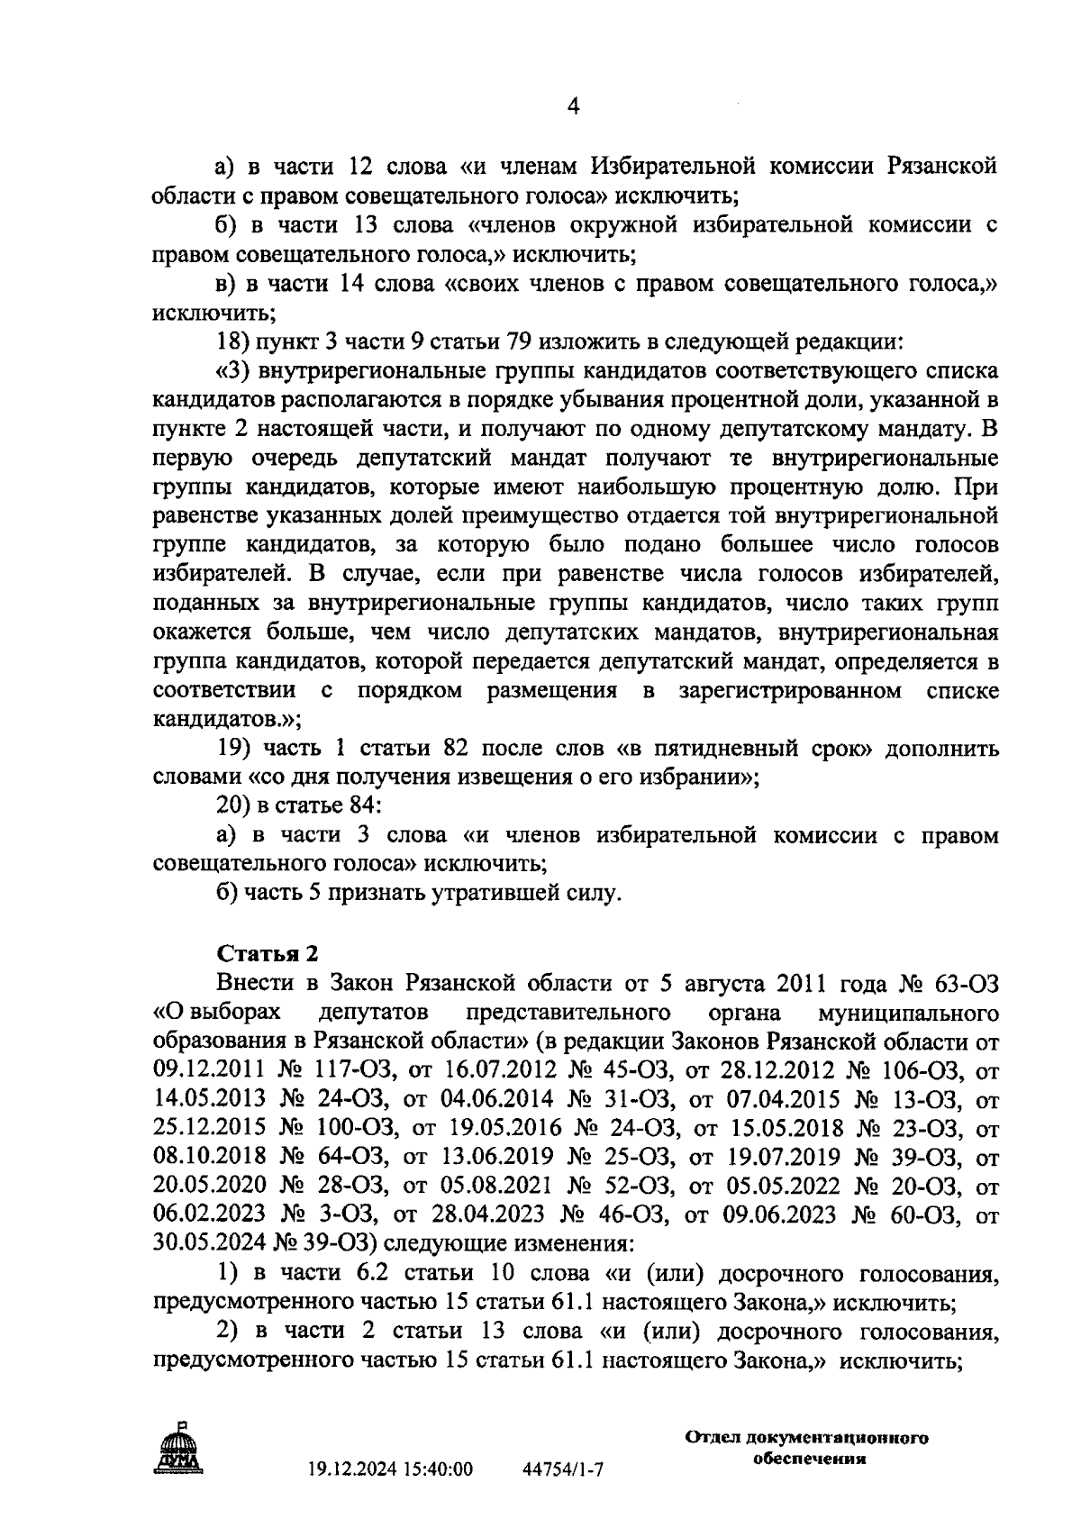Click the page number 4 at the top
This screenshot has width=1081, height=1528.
pyautogui.click(x=573, y=106)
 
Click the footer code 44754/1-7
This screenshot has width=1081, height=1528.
pyautogui.click(x=563, y=1469)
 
